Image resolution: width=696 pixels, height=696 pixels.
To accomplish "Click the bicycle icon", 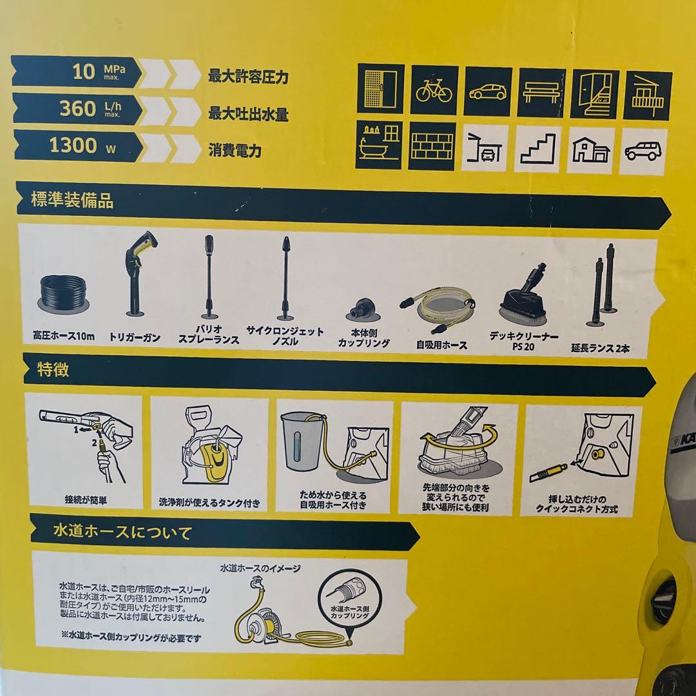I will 434,91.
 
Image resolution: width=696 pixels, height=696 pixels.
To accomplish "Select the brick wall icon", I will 433,146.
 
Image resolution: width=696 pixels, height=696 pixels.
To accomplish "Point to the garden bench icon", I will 541,92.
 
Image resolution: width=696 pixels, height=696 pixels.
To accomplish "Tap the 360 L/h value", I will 77,108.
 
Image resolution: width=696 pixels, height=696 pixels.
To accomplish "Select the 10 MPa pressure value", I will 84,71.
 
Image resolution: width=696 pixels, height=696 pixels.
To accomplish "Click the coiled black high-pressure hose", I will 64,292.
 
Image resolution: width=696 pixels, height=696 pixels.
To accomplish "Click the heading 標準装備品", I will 73,200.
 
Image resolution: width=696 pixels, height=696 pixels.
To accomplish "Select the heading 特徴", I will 50,370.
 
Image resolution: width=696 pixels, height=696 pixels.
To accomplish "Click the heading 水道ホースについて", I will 122,533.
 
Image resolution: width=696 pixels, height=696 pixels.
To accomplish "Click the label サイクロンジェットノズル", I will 285,336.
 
